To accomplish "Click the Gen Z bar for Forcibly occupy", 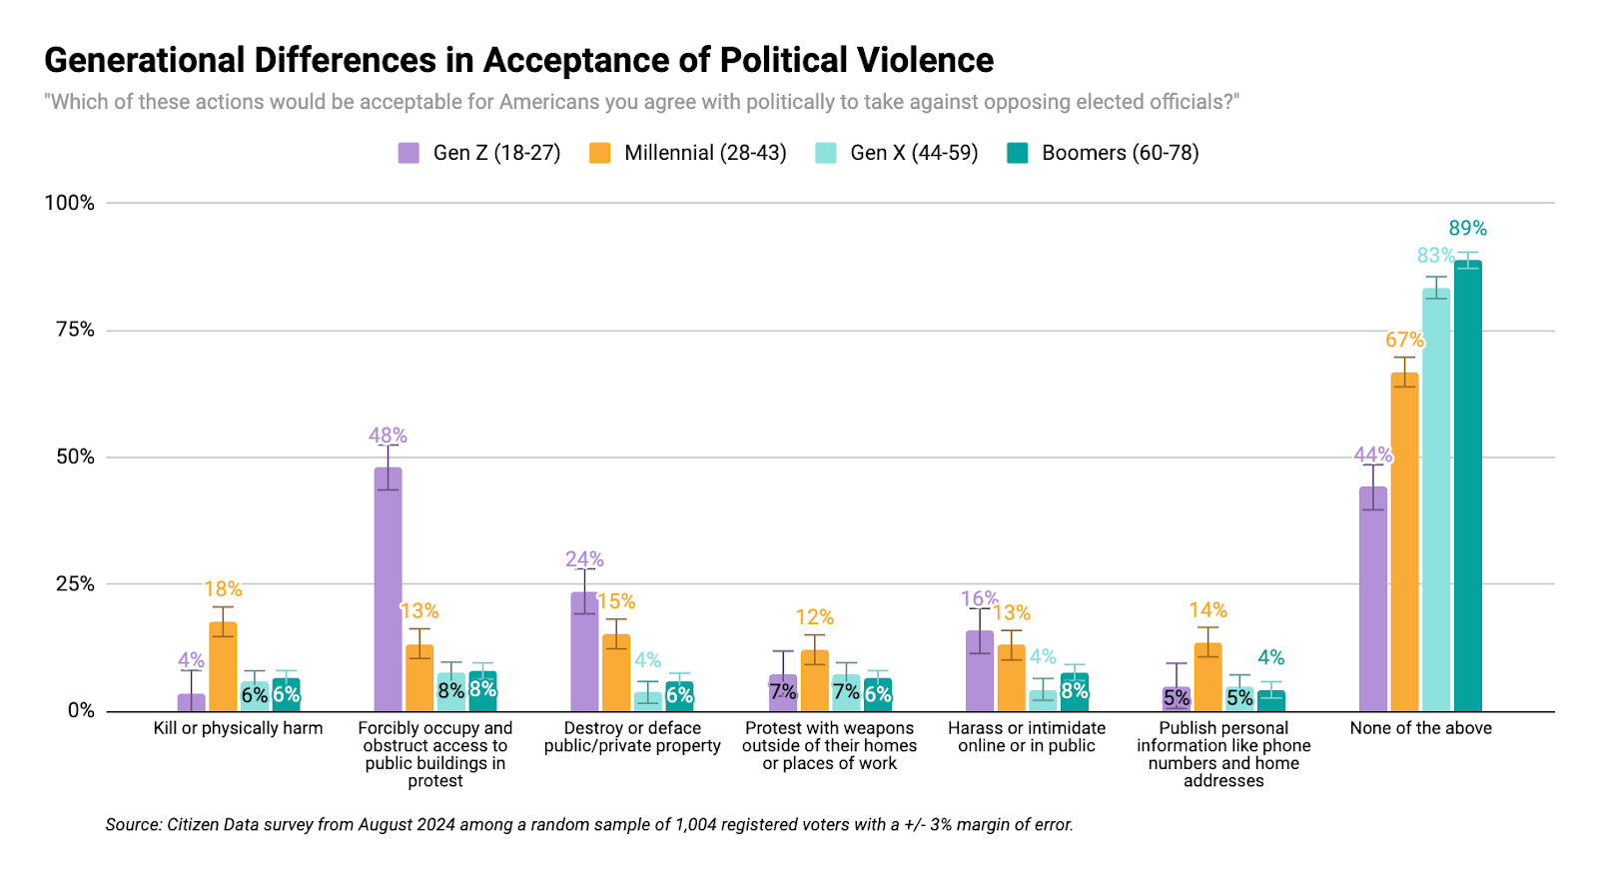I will pyautogui.click(x=388, y=589).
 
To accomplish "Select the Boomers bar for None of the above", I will pyautogui.click(x=1467, y=485).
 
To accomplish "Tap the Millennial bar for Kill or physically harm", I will pyautogui.click(x=223, y=666).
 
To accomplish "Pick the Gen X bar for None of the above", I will pyautogui.click(x=1436, y=499).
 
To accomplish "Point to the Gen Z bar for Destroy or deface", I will pyautogui.click(x=584, y=651).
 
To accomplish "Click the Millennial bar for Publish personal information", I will pyautogui.click(x=1207, y=677).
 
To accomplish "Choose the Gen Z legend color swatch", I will pyautogui.click(x=408, y=153).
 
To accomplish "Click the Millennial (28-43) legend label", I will pyautogui.click(x=705, y=153).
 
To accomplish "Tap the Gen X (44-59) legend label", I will pyautogui.click(x=914, y=153).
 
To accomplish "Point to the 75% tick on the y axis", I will pyautogui.click(x=75, y=330).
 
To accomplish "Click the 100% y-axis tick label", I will pyautogui.click(x=70, y=203).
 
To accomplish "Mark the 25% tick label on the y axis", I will pyautogui.click(x=75, y=584).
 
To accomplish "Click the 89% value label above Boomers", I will pyautogui.click(x=1467, y=229).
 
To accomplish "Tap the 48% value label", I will pyautogui.click(x=388, y=436).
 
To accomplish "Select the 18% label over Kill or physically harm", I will pyautogui.click(x=223, y=589).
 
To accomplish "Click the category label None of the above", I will pyautogui.click(x=1420, y=728).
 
